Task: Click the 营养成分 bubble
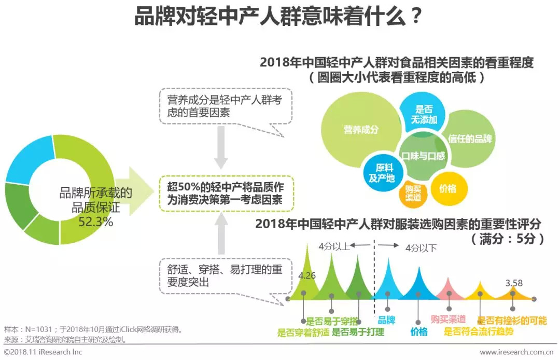pyautogui.click(x=361, y=129)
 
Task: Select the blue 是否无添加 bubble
pyautogui.click(x=424, y=114)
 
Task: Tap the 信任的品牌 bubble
pyautogui.click(x=470, y=139)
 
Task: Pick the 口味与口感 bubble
pyautogui.click(x=424, y=156)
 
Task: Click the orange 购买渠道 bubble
pyautogui.click(x=413, y=193)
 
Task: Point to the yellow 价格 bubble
pyautogui.click(x=449, y=188)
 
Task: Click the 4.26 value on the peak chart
pyautogui.click(x=307, y=275)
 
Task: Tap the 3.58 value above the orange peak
pyautogui.click(x=514, y=283)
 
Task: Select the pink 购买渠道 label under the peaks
pyautogui.click(x=448, y=319)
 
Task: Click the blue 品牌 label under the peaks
pyautogui.click(x=386, y=320)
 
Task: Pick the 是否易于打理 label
pyautogui.click(x=358, y=332)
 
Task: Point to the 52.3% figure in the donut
pyautogui.click(x=96, y=222)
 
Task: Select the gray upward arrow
pyautogui.click(x=221, y=233)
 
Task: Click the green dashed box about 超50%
pyautogui.click(x=227, y=193)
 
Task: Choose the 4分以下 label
pyautogui.click(x=421, y=248)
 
